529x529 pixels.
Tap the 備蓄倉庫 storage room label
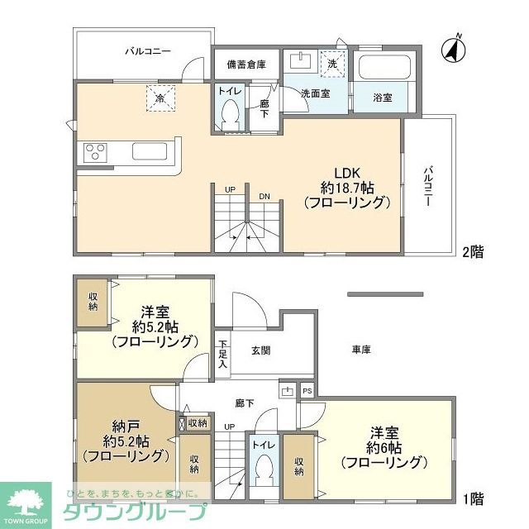tap(246, 64)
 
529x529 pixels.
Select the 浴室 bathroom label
tap(382, 97)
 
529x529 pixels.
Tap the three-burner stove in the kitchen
tap(94, 153)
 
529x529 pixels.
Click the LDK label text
tap(346, 172)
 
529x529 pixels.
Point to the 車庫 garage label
tap(360, 350)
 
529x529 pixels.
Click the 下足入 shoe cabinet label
tap(222, 354)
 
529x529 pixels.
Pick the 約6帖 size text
tap(387, 447)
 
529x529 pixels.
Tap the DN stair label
tap(264, 197)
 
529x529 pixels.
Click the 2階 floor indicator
tap(473, 252)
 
